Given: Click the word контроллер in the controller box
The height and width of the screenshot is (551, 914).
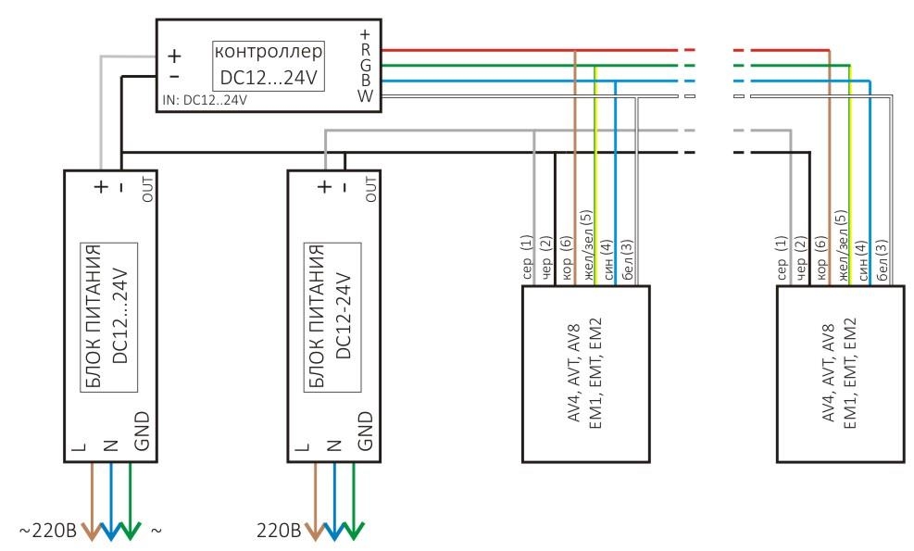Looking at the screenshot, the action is click(269, 52).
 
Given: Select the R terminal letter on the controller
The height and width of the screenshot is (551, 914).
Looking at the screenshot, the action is click(366, 50).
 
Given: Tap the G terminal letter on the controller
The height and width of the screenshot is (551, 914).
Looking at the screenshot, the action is click(366, 66).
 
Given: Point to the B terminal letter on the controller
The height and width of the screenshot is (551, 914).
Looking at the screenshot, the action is click(366, 81).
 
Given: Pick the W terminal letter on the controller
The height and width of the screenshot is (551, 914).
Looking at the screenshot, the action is click(366, 95).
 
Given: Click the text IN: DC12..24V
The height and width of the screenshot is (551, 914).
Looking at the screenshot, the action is click(205, 100).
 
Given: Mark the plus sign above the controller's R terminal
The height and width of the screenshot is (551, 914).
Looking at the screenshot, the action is click(365, 34).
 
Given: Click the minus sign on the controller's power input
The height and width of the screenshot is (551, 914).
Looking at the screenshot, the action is click(174, 76).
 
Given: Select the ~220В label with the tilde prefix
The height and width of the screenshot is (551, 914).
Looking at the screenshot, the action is click(48, 531).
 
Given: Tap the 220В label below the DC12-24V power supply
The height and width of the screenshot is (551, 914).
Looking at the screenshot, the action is click(280, 531).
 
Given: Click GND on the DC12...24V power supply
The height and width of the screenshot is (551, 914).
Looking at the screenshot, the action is click(142, 432).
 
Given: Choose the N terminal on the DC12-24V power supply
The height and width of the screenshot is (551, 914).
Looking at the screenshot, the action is click(334, 446).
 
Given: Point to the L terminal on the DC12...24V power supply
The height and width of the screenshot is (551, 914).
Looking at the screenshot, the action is click(80, 446).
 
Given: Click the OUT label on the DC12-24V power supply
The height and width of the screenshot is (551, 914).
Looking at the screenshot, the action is click(370, 189).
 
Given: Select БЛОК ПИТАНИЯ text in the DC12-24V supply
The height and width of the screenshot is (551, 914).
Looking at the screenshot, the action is click(317, 316).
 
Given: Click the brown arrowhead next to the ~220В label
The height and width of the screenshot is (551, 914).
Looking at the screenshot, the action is click(92, 531).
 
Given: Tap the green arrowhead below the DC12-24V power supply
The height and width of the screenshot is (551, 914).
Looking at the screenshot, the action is click(353, 531).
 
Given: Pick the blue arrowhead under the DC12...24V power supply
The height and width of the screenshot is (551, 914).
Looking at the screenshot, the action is click(111, 531).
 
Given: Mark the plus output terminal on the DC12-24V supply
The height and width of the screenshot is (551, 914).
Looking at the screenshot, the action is click(325, 186).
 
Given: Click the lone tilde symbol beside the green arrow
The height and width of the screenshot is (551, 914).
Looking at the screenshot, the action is click(157, 532).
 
